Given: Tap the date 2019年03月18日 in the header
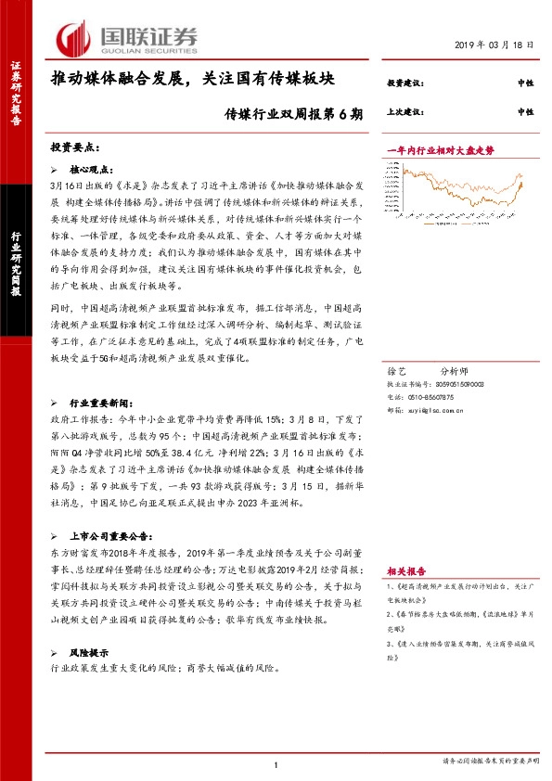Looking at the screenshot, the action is [494, 45].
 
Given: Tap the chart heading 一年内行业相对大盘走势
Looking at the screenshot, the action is [441, 149].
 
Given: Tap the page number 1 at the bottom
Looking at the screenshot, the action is [276, 763].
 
